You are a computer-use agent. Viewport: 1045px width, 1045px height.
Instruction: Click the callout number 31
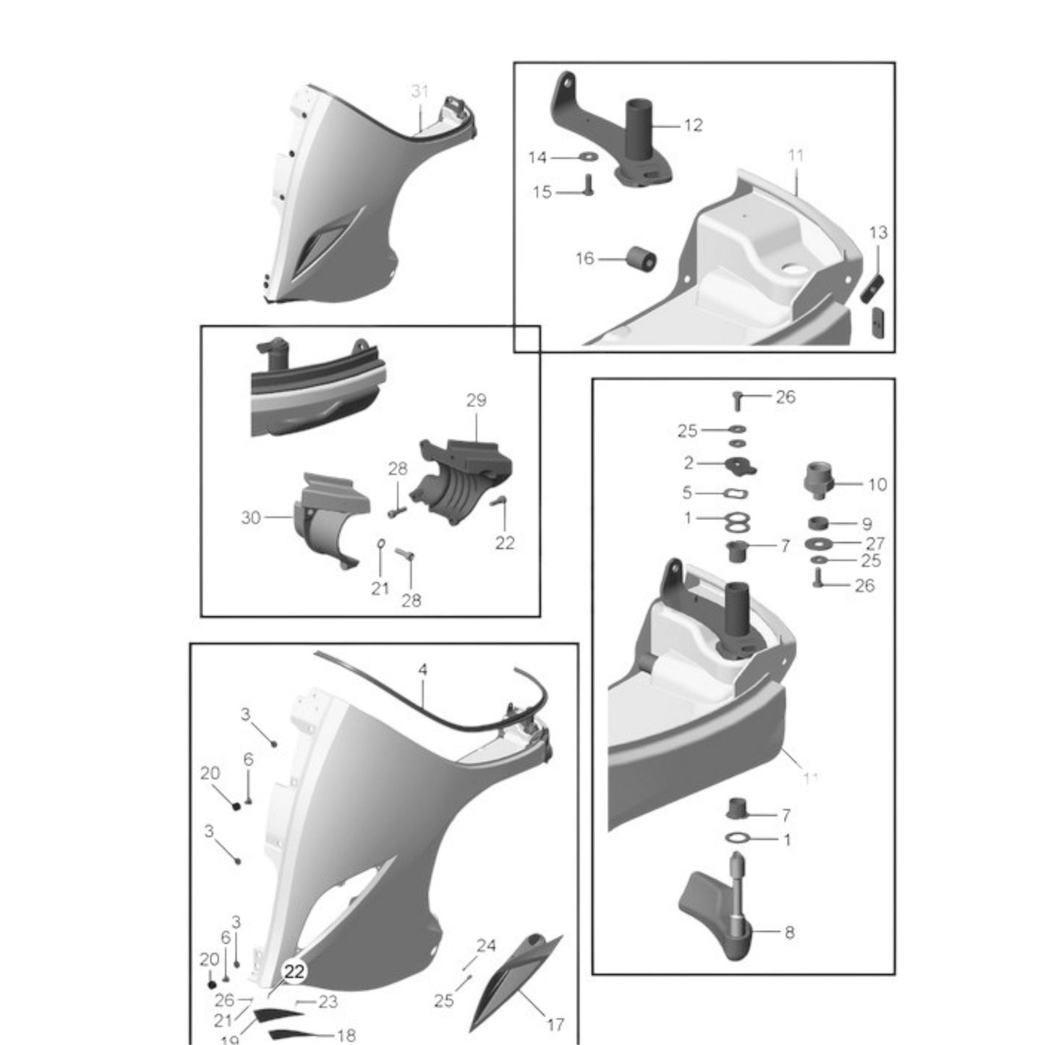pos(420,92)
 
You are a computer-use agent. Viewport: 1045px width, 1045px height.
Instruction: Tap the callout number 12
pos(693,125)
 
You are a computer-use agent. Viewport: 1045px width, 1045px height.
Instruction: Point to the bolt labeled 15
pos(587,187)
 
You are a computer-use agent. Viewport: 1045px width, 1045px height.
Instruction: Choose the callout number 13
pos(878,233)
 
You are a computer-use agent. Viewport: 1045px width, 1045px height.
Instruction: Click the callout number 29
pos(476,400)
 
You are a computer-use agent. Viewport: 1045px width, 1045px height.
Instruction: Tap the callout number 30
pos(251,518)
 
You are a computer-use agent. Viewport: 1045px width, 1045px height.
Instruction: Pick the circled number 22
pos(294,973)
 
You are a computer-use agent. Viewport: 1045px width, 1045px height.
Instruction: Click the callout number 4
pos(422,670)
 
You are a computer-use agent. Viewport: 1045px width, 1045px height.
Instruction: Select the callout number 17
pos(556,1024)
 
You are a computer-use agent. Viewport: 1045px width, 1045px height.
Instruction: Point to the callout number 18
pos(347,1035)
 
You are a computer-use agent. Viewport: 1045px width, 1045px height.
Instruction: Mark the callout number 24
pos(486,946)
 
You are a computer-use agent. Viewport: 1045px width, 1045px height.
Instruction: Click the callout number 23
pos(328,1002)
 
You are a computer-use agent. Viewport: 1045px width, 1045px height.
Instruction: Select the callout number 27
pos(875,543)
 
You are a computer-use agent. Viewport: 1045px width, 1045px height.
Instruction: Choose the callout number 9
pos(866,524)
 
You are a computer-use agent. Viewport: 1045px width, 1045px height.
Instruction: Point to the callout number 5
pos(687,492)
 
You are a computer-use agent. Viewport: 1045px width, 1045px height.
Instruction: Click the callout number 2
pos(688,462)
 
